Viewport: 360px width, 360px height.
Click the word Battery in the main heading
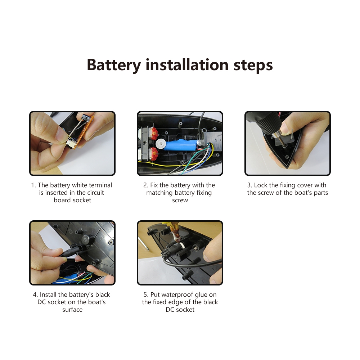(114, 65)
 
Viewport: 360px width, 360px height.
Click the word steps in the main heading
(253, 65)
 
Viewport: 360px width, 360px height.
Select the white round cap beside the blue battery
(161, 144)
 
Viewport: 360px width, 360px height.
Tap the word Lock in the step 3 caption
(260, 185)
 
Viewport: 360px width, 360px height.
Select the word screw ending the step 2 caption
(180, 201)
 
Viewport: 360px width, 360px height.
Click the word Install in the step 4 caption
(48, 294)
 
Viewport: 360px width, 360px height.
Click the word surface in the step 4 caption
(72, 310)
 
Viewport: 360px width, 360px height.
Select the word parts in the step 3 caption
(321, 193)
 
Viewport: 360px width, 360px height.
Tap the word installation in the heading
(187, 65)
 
